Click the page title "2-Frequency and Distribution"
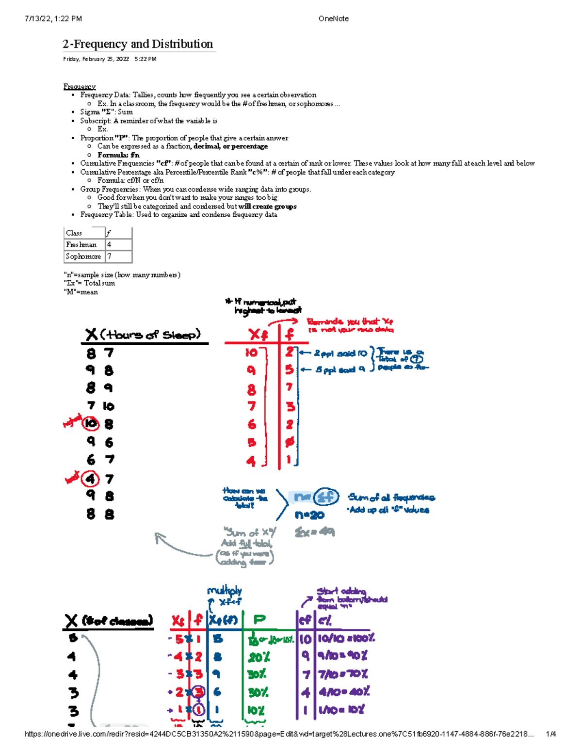(138, 44)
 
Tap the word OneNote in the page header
(333, 19)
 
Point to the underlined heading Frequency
(80, 87)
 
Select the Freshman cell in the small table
(81, 245)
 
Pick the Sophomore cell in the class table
(83, 256)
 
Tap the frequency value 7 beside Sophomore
(110, 256)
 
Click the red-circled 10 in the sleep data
(91, 424)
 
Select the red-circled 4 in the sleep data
(90, 479)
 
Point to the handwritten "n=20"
(309, 515)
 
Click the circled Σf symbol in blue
(326, 497)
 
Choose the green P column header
(259, 620)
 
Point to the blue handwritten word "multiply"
(224, 591)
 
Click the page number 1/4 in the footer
(550, 734)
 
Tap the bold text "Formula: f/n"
(118, 155)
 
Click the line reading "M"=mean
(81, 292)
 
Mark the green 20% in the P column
(259, 657)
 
